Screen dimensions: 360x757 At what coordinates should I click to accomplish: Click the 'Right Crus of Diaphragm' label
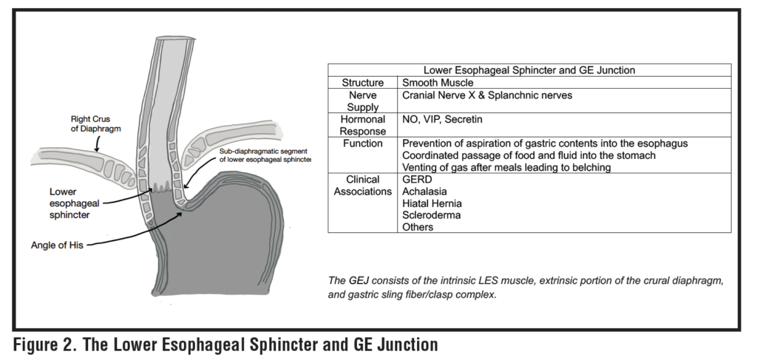point(93,123)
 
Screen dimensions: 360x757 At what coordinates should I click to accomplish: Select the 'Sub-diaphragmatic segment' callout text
point(265,155)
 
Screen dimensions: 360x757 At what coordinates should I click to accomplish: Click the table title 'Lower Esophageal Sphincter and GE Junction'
point(529,70)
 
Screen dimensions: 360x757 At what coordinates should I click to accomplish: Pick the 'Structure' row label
point(362,83)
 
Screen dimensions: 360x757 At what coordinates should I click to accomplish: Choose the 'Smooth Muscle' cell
point(438,83)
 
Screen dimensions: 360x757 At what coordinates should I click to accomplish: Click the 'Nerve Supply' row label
point(362,101)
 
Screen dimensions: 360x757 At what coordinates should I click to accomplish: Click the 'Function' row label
point(362,142)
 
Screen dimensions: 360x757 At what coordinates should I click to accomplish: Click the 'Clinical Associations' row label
point(362,186)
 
